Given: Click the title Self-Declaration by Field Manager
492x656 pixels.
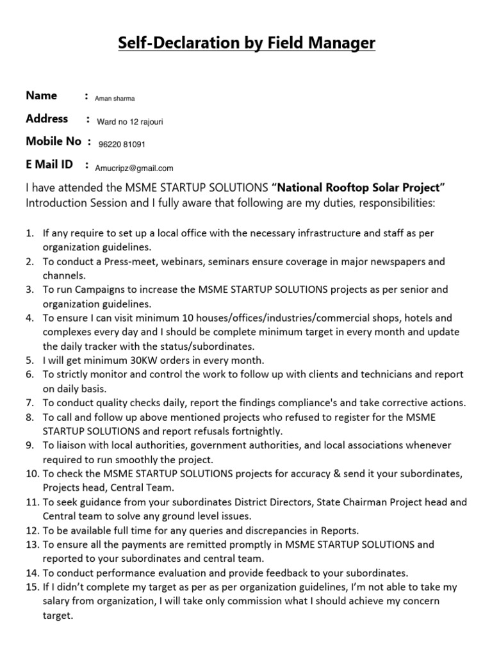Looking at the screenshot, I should (246, 43).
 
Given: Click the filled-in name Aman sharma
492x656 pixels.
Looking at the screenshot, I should (115, 99).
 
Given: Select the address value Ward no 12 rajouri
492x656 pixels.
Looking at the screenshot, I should (134, 122).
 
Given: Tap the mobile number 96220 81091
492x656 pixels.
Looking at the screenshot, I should (122, 145).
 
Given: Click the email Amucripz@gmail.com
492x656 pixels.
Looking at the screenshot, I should (134, 168).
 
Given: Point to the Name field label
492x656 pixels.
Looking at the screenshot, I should (42, 96).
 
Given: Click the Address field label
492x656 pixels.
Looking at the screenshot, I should (47, 119).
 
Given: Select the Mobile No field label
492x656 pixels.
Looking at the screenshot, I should (53, 142).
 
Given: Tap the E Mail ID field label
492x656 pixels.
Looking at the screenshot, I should (49, 165).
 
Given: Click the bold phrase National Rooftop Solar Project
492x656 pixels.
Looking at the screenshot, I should (359, 188).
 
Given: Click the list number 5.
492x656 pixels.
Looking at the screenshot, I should (29, 360).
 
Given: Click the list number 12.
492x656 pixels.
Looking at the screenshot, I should (32, 530).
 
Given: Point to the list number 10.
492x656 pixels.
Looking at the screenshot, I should (32, 473).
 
